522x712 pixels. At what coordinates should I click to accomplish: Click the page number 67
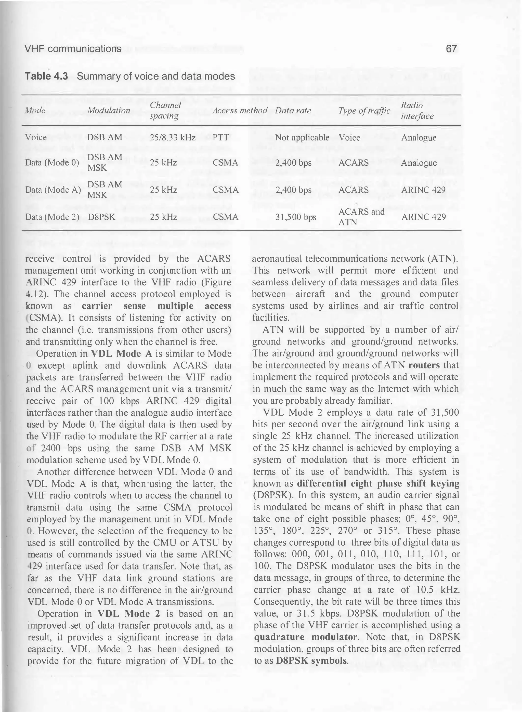tap(451, 49)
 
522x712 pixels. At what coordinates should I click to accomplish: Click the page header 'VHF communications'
tap(73, 49)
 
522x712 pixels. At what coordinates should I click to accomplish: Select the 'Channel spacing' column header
tap(165, 110)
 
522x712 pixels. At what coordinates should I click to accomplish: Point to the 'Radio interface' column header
tap(417, 110)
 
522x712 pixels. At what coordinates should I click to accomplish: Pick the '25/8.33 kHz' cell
tap(173, 137)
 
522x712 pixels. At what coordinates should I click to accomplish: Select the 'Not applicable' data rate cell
tap(302, 137)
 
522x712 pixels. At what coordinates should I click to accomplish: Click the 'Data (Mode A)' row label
tap(53, 190)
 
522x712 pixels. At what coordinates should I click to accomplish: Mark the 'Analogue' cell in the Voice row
tap(419, 137)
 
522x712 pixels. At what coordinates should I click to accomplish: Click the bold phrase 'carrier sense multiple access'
tap(156, 306)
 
